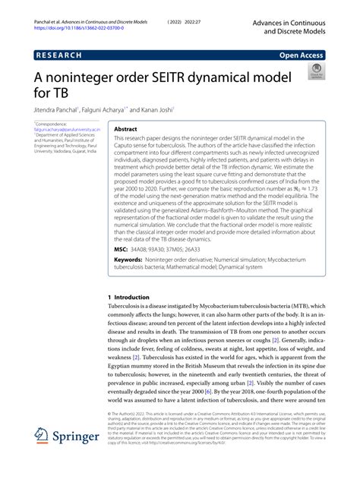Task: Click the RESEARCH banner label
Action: (x=59, y=55)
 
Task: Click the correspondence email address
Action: (x=64, y=129)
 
